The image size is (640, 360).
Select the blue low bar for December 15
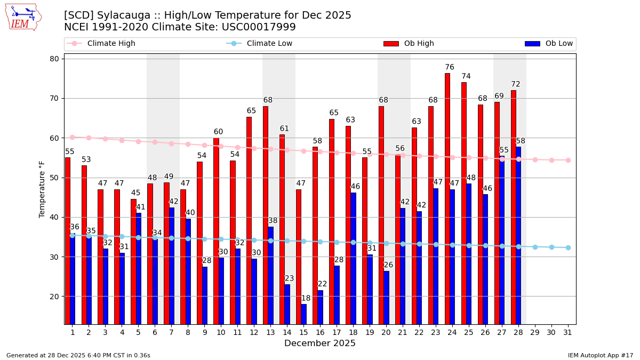pos(303,314)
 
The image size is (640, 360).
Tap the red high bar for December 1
pos(68,241)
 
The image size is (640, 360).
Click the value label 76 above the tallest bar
pos(450,67)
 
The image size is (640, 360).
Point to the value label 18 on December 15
pos(306,299)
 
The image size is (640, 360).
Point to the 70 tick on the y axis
pos(54,98)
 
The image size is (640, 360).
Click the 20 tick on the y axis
pos(54,297)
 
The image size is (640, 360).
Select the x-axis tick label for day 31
pos(568,332)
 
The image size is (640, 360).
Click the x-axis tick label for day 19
pos(370,332)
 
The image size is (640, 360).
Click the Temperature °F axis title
pos(42,189)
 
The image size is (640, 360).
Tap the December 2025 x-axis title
pos(320,343)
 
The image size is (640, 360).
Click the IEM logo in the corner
pos(23,17)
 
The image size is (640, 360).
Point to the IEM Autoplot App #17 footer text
pos(601,355)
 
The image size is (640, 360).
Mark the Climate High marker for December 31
pos(568,160)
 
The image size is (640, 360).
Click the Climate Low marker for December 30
pos(551,247)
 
